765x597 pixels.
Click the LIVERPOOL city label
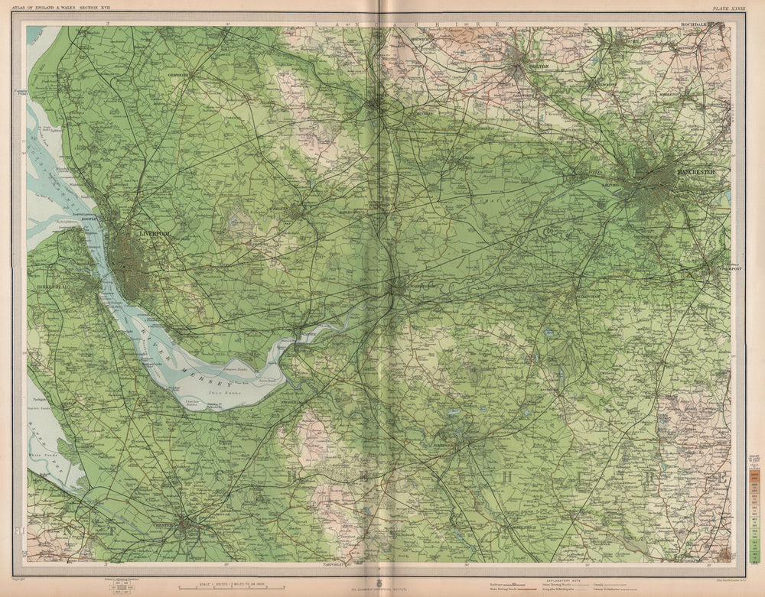(155, 232)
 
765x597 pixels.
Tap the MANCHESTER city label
(695, 172)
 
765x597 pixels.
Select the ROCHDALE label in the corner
(698, 25)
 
